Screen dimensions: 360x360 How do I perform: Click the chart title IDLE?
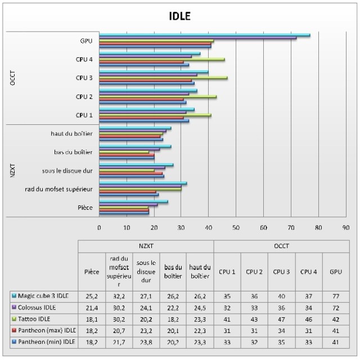[180, 16]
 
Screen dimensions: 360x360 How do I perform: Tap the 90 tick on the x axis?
[345, 228]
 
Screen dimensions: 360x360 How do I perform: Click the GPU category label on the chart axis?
[87, 40]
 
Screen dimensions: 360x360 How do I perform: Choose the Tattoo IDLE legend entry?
[39, 318]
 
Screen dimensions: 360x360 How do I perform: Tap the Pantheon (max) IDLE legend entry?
[44, 330]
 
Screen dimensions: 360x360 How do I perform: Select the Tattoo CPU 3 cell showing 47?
[281, 318]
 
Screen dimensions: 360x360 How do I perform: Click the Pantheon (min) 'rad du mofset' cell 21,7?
[118, 341]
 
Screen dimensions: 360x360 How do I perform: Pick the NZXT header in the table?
[145, 246]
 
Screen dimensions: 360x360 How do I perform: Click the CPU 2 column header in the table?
[254, 272]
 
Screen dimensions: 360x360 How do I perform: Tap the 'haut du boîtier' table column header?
[200, 271]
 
